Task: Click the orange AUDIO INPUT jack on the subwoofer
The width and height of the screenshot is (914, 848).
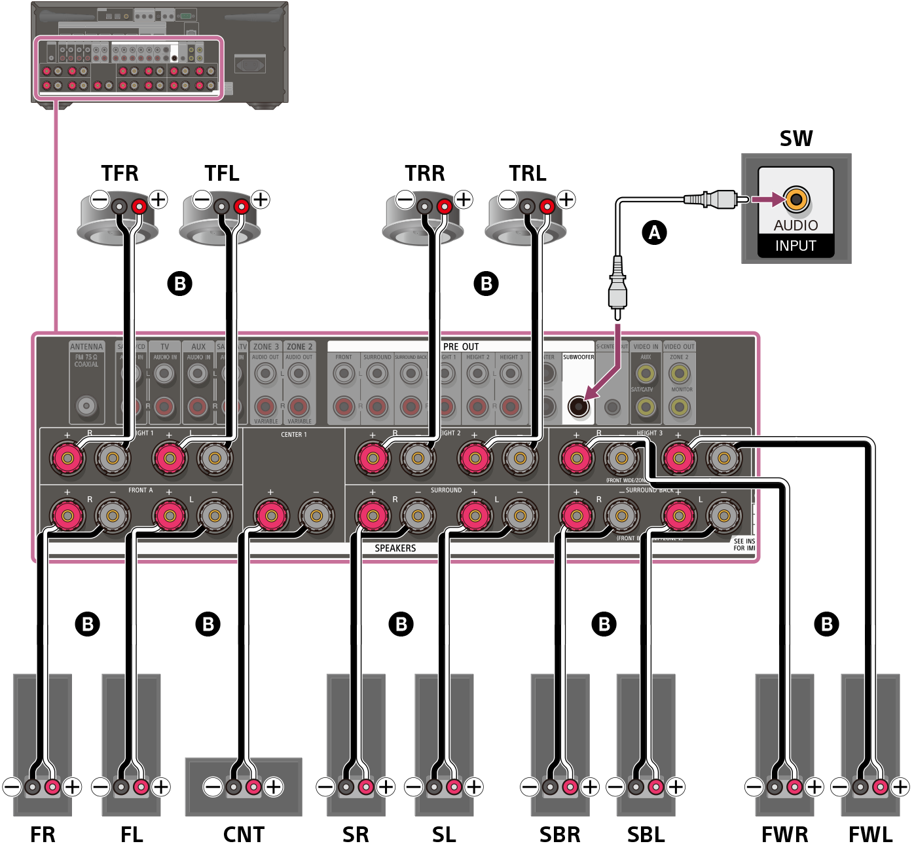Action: click(x=796, y=200)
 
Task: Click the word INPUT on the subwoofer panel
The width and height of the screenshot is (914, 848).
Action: click(x=795, y=246)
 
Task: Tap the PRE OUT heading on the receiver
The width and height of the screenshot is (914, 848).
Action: click(x=461, y=346)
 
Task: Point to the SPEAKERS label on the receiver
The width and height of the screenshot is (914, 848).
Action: click(x=395, y=548)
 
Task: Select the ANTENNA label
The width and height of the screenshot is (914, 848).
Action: click(x=86, y=346)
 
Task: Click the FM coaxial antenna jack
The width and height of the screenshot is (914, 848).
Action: click(x=86, y=406)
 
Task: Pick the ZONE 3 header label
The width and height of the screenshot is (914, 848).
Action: click(x=266, y=346)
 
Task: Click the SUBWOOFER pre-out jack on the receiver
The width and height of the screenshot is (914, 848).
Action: click(x=578, y=407)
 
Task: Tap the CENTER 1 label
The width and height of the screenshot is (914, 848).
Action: click(x=293, y=435)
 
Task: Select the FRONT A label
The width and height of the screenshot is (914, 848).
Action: click(x=140, y=490)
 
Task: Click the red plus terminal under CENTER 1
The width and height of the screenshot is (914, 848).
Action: click(x=270, y=516)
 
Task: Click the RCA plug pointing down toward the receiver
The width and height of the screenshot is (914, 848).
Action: click(x=617, y=288)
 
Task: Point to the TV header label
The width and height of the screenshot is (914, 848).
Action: click(x=164, y=346)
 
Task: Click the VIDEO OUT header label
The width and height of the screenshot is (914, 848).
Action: click(x=679, y=346)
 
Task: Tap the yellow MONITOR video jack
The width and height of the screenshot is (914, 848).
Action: click(x=680, y=407)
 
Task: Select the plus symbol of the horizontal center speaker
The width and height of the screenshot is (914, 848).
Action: click(x=274, y=786)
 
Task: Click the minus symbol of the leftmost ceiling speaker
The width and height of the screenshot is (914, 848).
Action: click(x=100, y=200)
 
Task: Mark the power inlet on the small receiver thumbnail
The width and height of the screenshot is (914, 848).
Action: click(x=249, y=64)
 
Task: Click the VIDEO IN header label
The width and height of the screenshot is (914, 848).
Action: click(x=646, y=346)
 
